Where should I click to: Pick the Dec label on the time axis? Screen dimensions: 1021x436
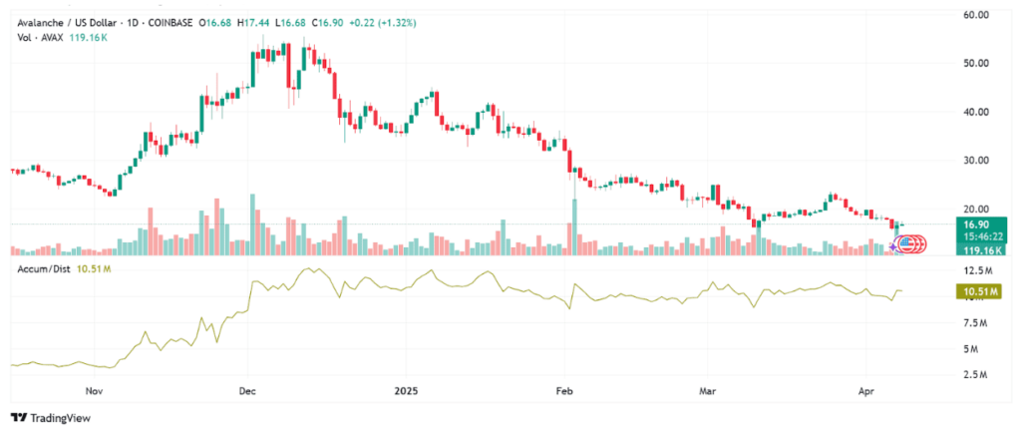247,392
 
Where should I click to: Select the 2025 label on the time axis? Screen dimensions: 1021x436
406,392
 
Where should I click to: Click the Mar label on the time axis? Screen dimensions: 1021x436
707,392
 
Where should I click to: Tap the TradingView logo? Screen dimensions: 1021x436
51,418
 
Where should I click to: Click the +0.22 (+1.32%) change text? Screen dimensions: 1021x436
383,24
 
